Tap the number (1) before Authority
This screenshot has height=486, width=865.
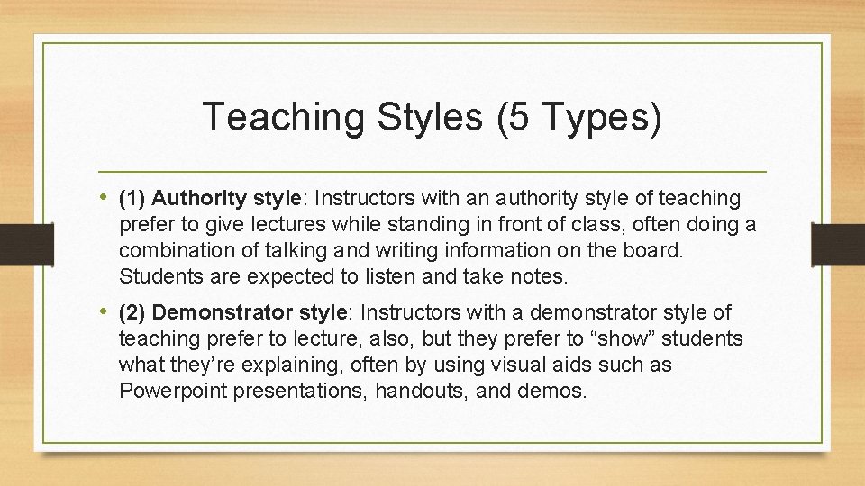click(x=132, y=197)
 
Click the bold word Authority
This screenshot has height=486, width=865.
click(x=193, y=197)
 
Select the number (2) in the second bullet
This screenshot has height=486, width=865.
click(x=132, y=312)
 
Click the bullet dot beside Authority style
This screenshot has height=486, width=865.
click(x=105, y=197)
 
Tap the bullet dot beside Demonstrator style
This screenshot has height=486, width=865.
click(x=105, y=312)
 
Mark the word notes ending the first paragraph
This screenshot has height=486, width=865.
click(x=538, y=276)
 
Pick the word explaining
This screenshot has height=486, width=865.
click(x=290, y=364)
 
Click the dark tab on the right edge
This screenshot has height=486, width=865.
click(x=837, y=242)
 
